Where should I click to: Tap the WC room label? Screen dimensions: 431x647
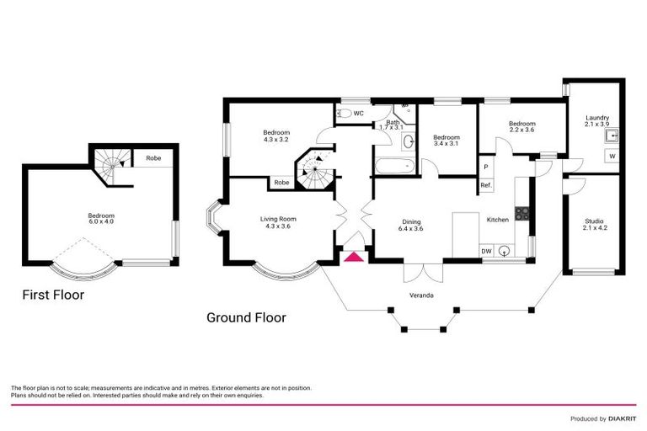click(x=358, y=113)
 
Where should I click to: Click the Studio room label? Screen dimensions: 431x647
click(x=595, y=224)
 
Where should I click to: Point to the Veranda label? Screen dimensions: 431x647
click(x=435, y=295)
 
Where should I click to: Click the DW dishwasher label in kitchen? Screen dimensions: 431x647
click(x=486, y=250)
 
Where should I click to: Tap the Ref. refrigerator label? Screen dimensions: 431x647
click(x=485, y=185)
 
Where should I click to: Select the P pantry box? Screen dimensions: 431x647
click(x=486, y=167)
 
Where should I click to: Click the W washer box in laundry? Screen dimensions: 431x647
click(x=612, y=156)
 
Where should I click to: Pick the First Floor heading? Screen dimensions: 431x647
click(x=53, y=295)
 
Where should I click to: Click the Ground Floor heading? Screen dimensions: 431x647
click(x=246, y=317)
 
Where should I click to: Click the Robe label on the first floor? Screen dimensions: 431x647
click(x=153, y=157)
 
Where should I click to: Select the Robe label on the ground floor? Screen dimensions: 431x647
click(x=281, y=182)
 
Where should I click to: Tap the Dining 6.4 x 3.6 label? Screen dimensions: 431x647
click(x=414, y=224)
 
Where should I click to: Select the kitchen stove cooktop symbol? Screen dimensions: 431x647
click(x=522, y=214)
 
